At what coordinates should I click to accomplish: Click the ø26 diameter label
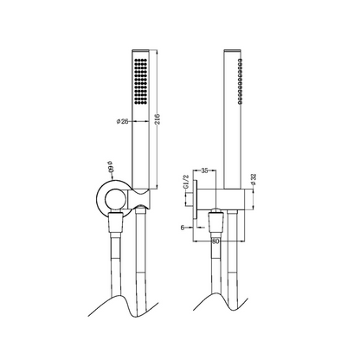pyautogui.click(x=122, y=121)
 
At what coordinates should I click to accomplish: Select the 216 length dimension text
pyautogui.click(x=157, y=119)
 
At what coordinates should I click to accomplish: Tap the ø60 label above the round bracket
pyautogui.click(x=111, y=166)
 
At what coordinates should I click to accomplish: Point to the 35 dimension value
pyautogui.click(x=204, y=170)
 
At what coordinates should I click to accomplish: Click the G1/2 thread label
pyautogui.click(x=186, y=182)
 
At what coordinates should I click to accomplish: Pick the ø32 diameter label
pyautogui.click(x=254, y=179)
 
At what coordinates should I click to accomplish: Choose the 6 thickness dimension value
pyautogui.click(x=183, y=228)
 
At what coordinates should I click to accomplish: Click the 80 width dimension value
pyautogui.click(x=215, y=241)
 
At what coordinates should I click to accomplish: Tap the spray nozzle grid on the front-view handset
pyautogui.click(x=140, y=81)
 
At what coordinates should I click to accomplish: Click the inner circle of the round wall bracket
pyautogui.click(x=114, y=199)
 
